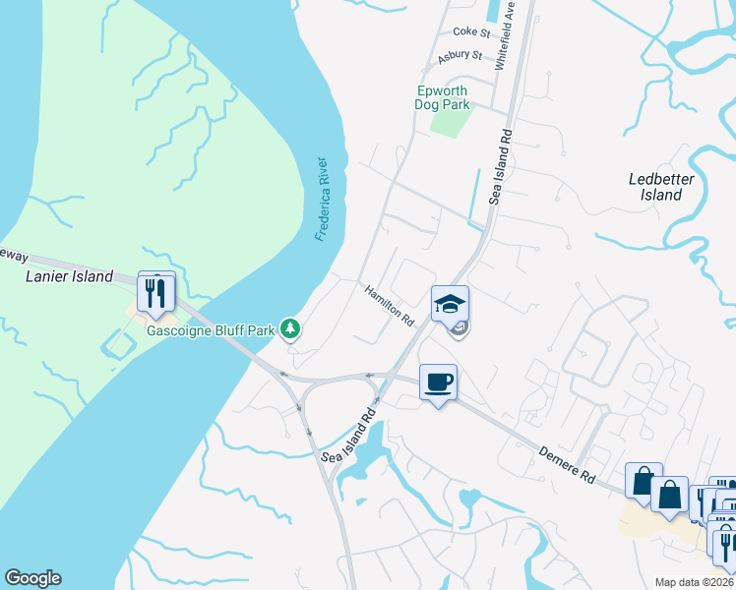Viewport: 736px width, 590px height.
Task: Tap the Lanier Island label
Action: [x=69, y=277]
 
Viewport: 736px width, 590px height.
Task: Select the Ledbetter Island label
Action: [x=661, y=187]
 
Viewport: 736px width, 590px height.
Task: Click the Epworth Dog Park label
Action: [x=450, y=97]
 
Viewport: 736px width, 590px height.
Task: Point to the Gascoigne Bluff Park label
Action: [x=210, y=330]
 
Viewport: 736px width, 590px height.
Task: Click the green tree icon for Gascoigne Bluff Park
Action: [x=290, y=327]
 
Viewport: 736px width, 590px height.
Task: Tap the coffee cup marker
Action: [x=439, y=382]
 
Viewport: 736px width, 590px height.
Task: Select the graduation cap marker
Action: [x=450, y=303]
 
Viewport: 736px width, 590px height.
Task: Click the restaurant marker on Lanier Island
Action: [x=156, y=292]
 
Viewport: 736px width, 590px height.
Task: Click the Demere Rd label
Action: [x=567, y=464]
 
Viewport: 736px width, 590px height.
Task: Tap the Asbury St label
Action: [x=460, y=56]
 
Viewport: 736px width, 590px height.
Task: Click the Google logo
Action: [x=32, y=578]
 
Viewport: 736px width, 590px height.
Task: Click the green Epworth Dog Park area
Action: [x=452, y=122]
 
